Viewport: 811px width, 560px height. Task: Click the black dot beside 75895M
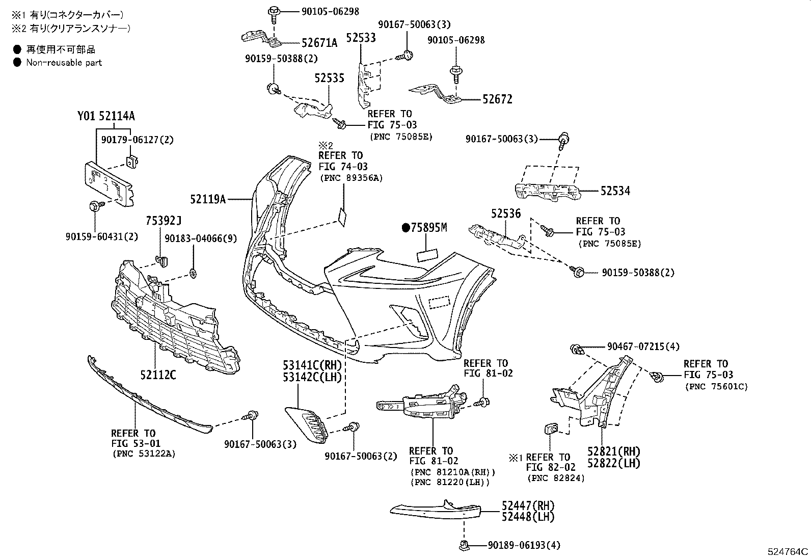(x=406, y=228)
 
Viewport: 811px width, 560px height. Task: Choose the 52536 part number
(x=506, y=214)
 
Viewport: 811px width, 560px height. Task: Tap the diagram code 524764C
(x=788, y=551)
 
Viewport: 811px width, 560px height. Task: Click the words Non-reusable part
(x=64, y=63)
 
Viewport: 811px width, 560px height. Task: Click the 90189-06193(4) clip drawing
(x=464, y=545)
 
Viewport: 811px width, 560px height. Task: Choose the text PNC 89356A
(x=351, y=178)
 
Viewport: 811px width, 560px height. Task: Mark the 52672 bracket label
(x=497, y=99)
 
